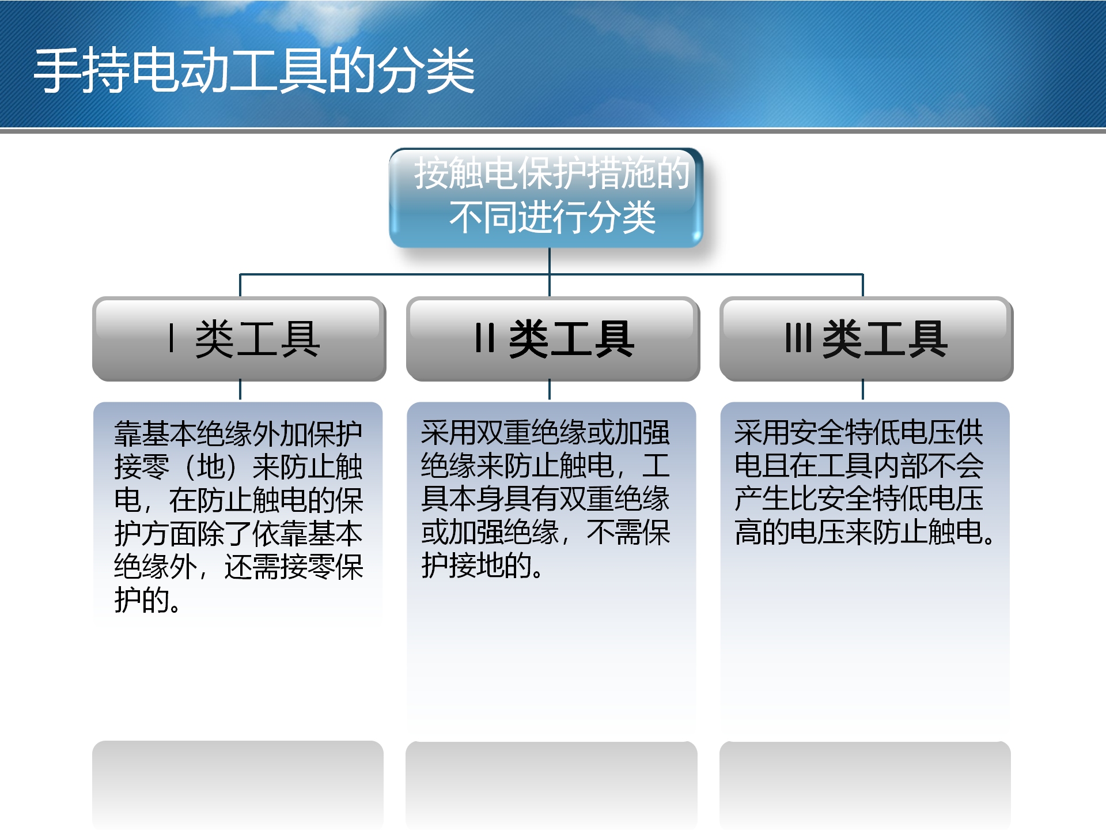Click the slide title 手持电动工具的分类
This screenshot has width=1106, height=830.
point(254,70)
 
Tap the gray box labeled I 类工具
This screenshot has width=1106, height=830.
point(239,339)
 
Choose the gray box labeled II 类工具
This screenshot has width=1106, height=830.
point(553,339)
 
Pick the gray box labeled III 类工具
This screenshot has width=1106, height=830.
point(866,339)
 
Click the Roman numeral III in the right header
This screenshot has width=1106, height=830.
point(798,338)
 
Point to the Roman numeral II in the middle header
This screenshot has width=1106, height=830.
point(485,338)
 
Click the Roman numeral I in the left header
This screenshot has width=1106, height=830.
point(171,338)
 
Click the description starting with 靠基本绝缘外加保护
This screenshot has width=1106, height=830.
point(238,516)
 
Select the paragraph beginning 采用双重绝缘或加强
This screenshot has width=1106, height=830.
point(546,499)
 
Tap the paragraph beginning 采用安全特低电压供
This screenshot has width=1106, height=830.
point(864,482)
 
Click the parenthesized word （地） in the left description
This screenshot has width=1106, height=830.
point(211,467)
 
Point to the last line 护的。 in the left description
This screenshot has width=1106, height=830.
point(147,600)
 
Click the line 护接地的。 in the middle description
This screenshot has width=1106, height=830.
point(482,565)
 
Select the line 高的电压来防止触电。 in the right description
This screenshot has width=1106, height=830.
point(864,532)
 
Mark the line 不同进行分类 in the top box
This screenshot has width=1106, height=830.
point(552,218)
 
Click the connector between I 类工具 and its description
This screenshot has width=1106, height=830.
point(240,390)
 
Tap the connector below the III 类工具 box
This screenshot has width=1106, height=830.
point(863,390)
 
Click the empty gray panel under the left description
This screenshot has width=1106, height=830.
point(238,784)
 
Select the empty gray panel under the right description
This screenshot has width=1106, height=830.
point(865,784)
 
